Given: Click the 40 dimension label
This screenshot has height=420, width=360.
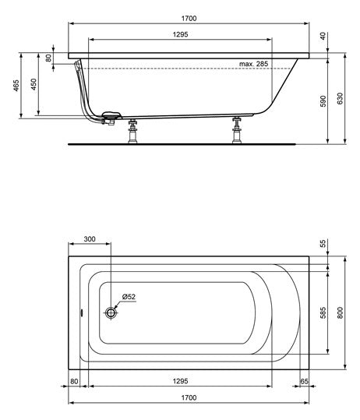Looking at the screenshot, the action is [x=323, y=36].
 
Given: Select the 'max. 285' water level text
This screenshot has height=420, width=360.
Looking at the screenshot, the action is [x=253, y=64].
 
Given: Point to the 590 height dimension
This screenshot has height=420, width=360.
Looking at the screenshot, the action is [x=323, y=101].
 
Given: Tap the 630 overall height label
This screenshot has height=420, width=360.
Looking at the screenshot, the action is [x=340, y=98].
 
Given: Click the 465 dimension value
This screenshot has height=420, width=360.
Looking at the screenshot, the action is [x=16, y=86].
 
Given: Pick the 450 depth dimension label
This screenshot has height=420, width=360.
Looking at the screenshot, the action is [x=34, y=84].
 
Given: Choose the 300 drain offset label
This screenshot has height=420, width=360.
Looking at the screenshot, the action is [x=90, y=239].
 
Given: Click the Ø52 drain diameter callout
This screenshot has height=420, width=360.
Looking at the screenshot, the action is [x=129, y=297].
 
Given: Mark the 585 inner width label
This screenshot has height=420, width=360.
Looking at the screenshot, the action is [x=323, y=313].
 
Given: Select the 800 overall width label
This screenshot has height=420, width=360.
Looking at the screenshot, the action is [x=340, y=313].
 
